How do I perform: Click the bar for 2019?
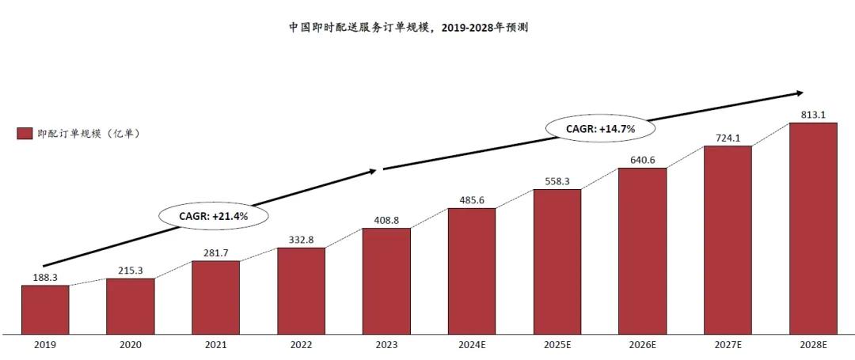(45, 309)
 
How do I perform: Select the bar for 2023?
(386, 280)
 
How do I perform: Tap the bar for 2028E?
(813, 227)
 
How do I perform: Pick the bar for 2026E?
(642, 250)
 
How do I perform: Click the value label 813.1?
(813, 115)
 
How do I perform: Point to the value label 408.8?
(386, 220)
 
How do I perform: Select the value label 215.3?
(131, 271)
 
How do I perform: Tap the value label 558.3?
(557, 181)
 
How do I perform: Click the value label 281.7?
(215, 252)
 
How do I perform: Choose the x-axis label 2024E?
(472, 345)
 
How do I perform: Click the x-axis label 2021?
(215, 345)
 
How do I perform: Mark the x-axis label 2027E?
(728, 345)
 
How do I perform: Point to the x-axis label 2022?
(301, 345)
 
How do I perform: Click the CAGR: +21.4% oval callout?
(214, 214)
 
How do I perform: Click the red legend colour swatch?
(24, 134)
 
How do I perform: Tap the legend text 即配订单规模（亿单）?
(89, 134)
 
